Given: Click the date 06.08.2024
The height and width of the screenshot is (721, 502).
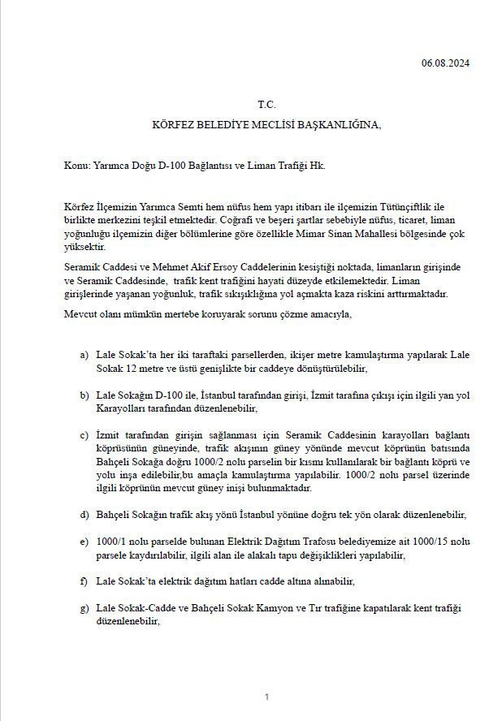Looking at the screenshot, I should pos(446,63).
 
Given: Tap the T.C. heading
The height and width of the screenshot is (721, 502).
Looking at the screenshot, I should pos(266,105).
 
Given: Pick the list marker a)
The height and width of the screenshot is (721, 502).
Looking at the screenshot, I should pos(84,356).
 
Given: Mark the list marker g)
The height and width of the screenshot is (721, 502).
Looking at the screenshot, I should pos(84,608).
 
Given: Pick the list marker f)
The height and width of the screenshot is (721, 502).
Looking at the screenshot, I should pos(84,582).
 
